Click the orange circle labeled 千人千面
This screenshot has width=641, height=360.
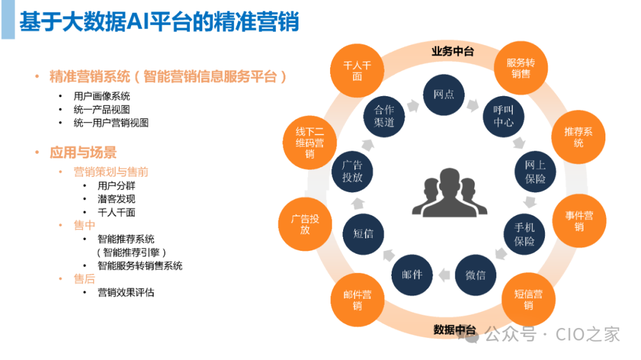point(357,71)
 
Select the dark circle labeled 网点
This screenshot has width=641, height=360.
point(444,94)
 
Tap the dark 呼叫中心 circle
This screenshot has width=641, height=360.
point(503,116)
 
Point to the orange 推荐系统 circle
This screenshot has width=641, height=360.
point(579,137)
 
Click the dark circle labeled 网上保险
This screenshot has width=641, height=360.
point(535,171)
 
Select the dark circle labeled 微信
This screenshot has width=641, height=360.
point(475,275)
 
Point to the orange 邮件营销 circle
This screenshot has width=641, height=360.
point(357,300)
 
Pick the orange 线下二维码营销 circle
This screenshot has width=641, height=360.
point(310,143)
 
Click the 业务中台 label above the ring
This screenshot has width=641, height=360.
point(452,51)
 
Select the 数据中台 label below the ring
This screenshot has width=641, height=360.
point(455,329)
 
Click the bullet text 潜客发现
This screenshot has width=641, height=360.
point(116,199)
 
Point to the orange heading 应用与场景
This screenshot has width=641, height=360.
point(83,152)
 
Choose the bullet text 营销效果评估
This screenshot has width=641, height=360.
point(126,292)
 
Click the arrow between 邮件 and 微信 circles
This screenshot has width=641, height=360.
point(443,274)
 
